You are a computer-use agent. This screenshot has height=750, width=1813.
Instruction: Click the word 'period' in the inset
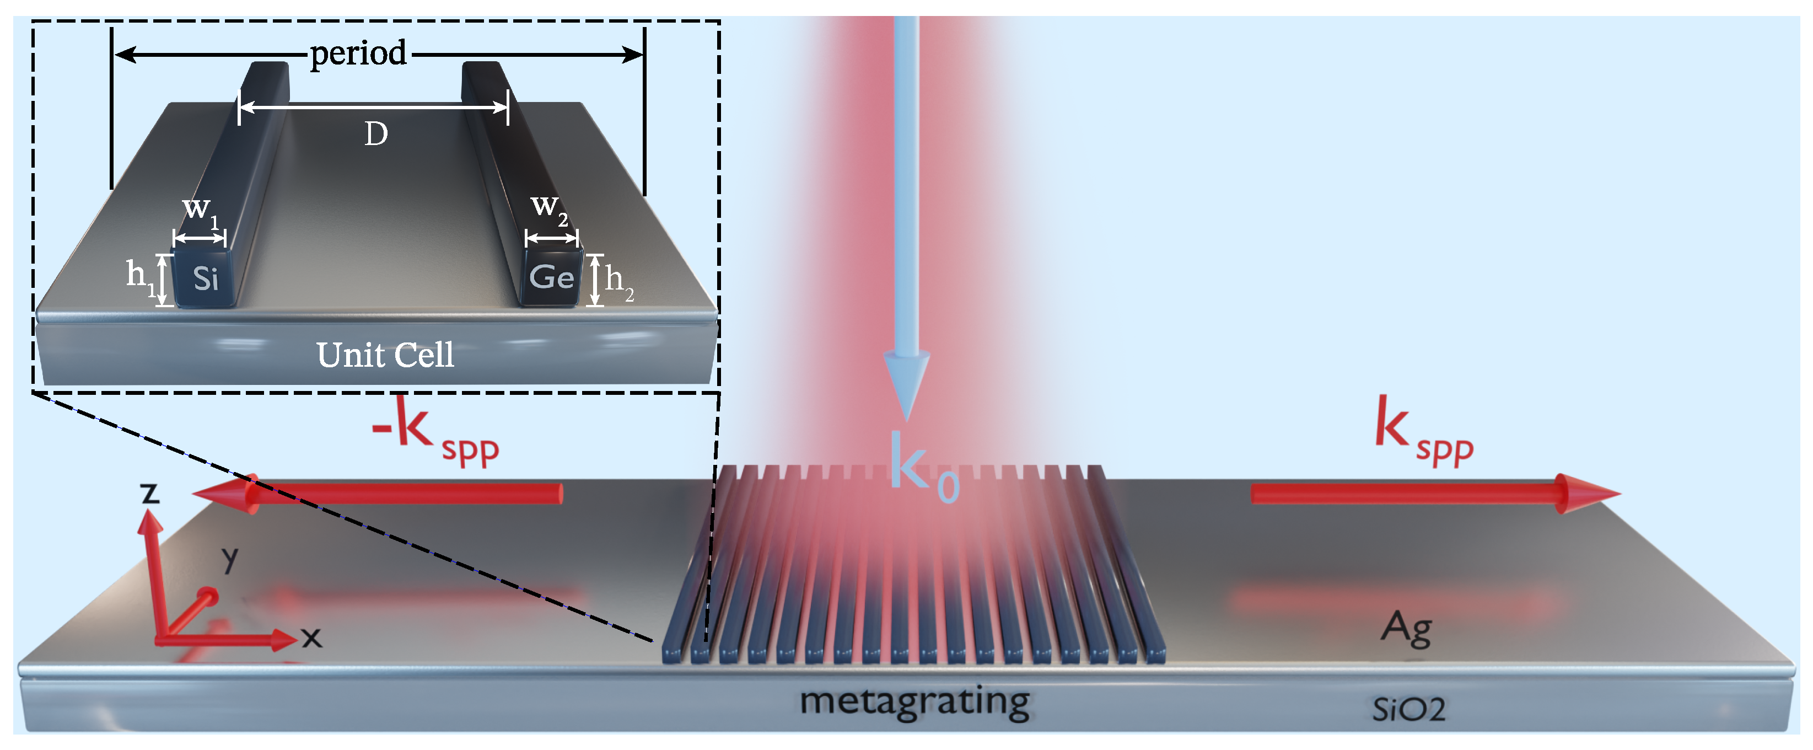358,54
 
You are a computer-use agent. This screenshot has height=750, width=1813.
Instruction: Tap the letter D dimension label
376,134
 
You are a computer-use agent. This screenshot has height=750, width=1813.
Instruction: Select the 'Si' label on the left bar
206,279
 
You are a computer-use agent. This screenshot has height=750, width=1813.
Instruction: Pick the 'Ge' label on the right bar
551,277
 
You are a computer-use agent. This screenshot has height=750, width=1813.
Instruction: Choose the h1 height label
140,276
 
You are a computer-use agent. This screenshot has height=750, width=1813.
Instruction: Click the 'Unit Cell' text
385,355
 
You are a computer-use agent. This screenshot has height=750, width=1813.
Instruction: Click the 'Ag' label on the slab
1406,628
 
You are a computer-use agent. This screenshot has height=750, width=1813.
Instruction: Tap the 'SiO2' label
1408,709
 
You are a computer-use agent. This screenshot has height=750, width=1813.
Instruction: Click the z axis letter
150,492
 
